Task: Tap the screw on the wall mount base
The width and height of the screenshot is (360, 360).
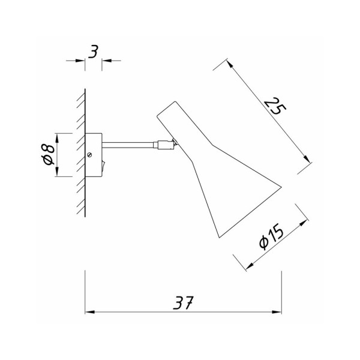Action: [x=90, y=154]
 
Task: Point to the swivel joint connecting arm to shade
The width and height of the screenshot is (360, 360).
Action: [x=165, y=144]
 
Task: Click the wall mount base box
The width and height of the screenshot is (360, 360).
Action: [x=95, y=154]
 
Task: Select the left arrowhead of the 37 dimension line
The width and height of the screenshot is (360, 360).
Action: [x=88, y=312]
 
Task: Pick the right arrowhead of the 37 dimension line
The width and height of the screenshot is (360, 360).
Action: [x=278, y=312]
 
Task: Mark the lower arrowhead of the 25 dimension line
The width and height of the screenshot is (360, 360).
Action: [x=310, y=162]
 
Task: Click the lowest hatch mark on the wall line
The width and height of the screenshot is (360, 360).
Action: [x=80, y=211]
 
